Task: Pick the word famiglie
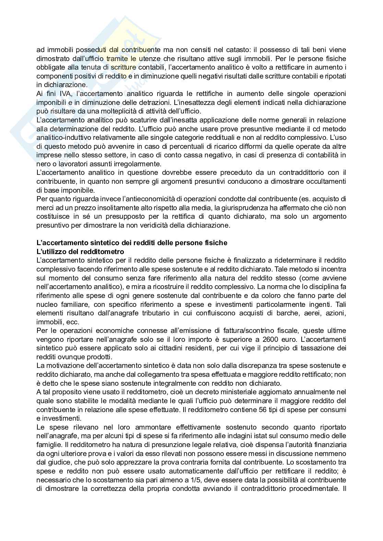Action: click(x=47, y=445)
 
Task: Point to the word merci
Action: click(x=44, y=208)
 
